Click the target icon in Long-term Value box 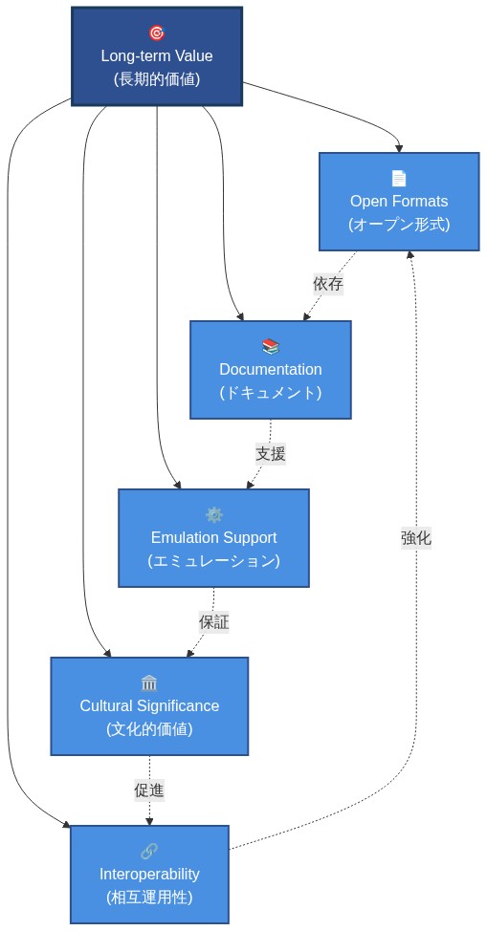coord(157,32)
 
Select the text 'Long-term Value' coord(157,55)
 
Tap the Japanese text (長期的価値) coord(157,79)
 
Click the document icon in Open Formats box coord(399,178)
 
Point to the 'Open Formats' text coord(399,201)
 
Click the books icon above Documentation coord(271,346)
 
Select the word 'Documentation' coord(271,369)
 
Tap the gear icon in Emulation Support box coord(213,514)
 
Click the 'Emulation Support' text coord(213,537)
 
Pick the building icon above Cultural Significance coord(149,682)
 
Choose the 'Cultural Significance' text coord(149,705)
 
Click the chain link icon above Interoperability coord(149,851)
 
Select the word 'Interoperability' coord(149,874)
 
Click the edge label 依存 coord(328,284)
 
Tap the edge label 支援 coord(270,454)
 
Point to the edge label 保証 coord(213,622)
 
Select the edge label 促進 coord(149,790)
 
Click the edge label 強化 coord(416,538)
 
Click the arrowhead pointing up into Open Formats coord(411,256)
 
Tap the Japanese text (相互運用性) coord(149,898)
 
